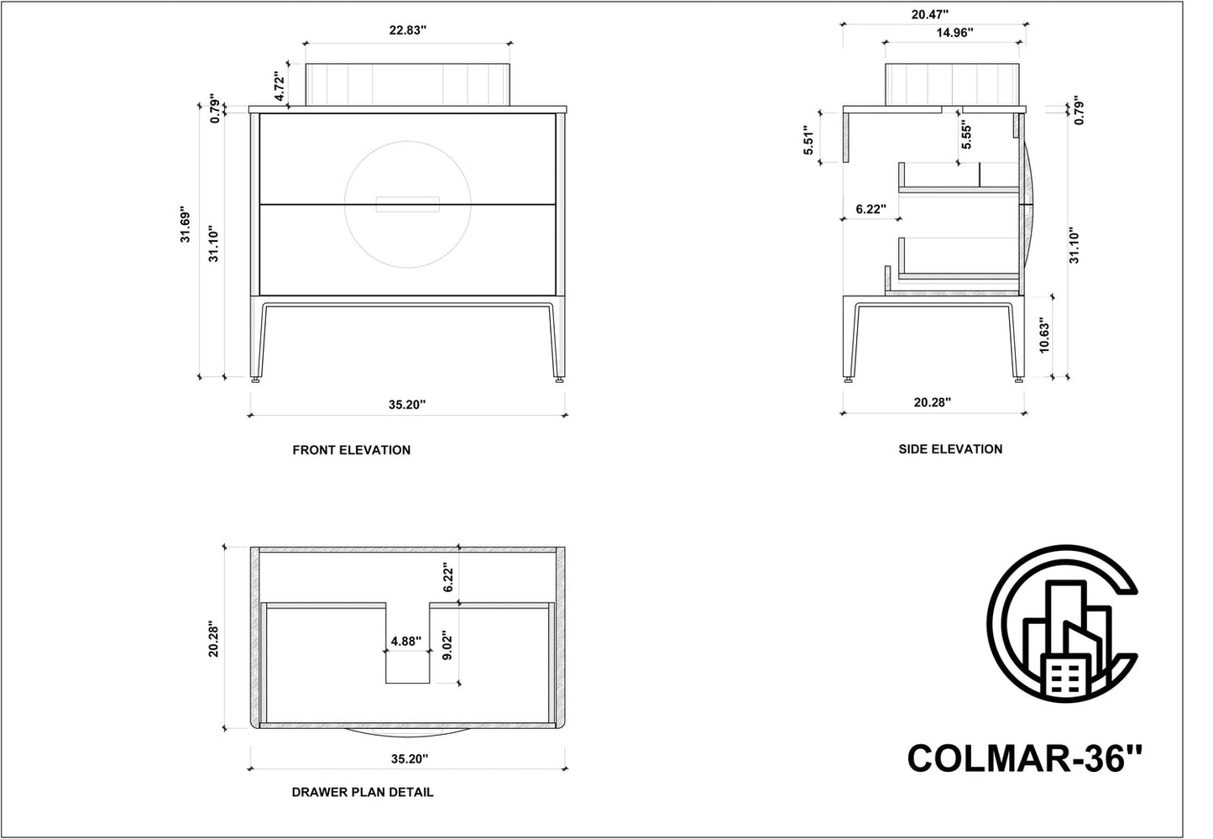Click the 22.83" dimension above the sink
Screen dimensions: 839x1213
[407, 30]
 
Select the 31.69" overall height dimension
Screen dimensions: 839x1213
[186, 226]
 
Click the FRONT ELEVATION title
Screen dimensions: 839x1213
[351, 450]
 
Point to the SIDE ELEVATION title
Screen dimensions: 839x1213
[950, 449]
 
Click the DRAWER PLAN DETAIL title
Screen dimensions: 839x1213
[363, 792]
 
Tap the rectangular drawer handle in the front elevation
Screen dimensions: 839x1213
[407, 204]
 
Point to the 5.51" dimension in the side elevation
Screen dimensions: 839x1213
[808, 142]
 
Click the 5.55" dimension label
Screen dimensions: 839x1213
[966, 136]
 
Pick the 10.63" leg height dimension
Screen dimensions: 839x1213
[1044, 335]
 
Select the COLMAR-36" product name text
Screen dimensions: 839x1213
[1024, 759]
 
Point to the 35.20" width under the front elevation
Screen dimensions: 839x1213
[407, 404]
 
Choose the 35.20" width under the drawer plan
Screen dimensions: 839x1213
[407, 758]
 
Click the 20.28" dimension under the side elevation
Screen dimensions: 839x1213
[932, 402]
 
